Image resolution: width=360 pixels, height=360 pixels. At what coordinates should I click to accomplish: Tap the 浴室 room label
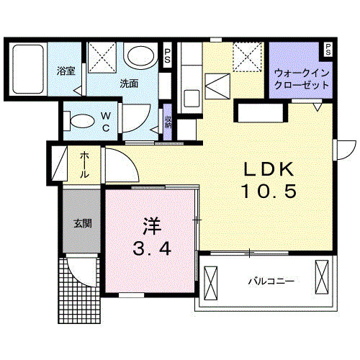(66, 71)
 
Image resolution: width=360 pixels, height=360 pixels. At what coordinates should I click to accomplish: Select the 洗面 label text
(129, 82)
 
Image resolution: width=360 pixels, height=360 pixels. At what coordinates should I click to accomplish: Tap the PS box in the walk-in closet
(328, 50)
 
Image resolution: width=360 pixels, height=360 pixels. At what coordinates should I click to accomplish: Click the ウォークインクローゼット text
(302, 78)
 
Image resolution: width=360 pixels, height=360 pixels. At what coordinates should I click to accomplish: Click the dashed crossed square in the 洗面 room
(103, 55)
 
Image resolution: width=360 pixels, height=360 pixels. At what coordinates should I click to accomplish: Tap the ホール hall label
(84, 166)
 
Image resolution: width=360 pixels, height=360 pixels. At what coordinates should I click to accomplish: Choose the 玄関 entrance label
(82, 222)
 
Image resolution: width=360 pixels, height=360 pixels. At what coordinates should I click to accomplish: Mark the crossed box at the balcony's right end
(322, 277)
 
